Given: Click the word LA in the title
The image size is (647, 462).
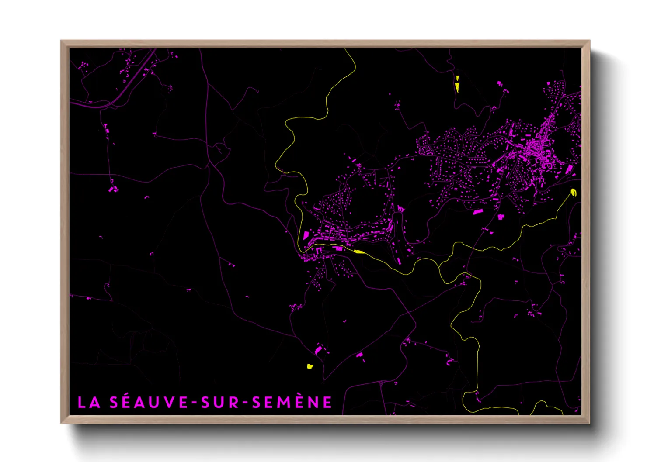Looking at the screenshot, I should (89, 403).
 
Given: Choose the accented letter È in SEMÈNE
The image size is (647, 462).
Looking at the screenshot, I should (307, 402).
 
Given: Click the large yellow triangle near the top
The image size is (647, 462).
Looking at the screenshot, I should (457, 87).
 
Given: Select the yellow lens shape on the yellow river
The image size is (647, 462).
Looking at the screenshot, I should (359, 252).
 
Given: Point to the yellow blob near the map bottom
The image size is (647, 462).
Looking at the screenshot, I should (310, 366).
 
